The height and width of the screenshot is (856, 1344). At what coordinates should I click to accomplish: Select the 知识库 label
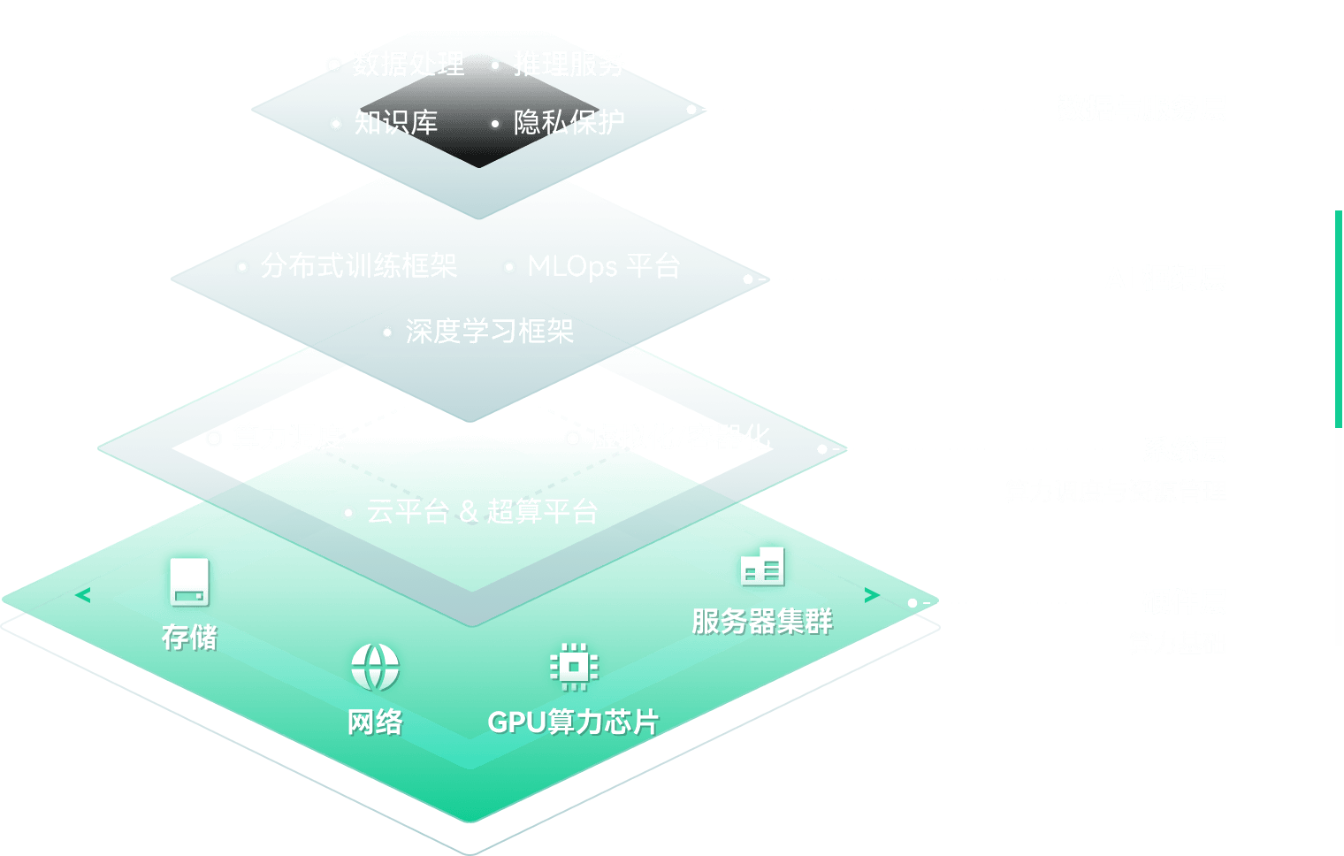[395, 122]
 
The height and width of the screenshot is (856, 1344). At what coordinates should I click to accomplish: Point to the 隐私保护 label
[569, 122]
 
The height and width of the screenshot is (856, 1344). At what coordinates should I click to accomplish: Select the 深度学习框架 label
[489, 332]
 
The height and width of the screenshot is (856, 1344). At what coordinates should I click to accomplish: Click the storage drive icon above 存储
[189, 582]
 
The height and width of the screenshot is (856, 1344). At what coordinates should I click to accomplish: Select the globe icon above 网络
[375, 667]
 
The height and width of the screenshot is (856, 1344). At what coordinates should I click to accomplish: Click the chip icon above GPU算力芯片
[573, 665]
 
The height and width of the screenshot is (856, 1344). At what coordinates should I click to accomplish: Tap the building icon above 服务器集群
[762, 566]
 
